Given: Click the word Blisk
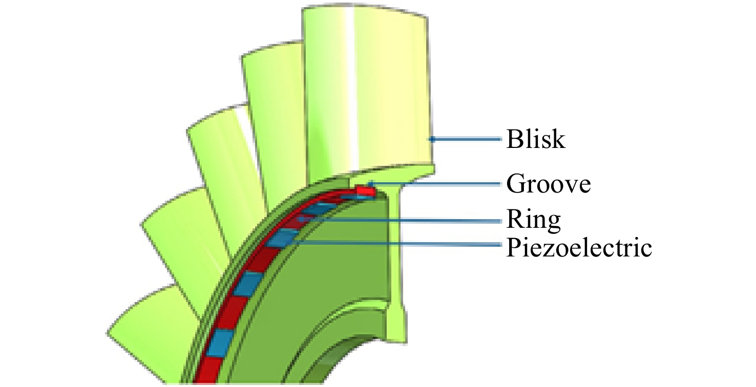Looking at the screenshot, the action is [x=536, y=139].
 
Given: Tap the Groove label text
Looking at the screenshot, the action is [x=549, y=184].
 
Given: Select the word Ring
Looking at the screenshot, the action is [x=534, y=220].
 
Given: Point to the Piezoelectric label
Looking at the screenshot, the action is [x=579, y=248].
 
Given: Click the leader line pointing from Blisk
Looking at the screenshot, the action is [x=465, y=139].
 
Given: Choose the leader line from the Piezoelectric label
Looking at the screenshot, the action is [x=396, y=244].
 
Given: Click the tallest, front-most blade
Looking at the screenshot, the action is [x=366, y=91].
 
